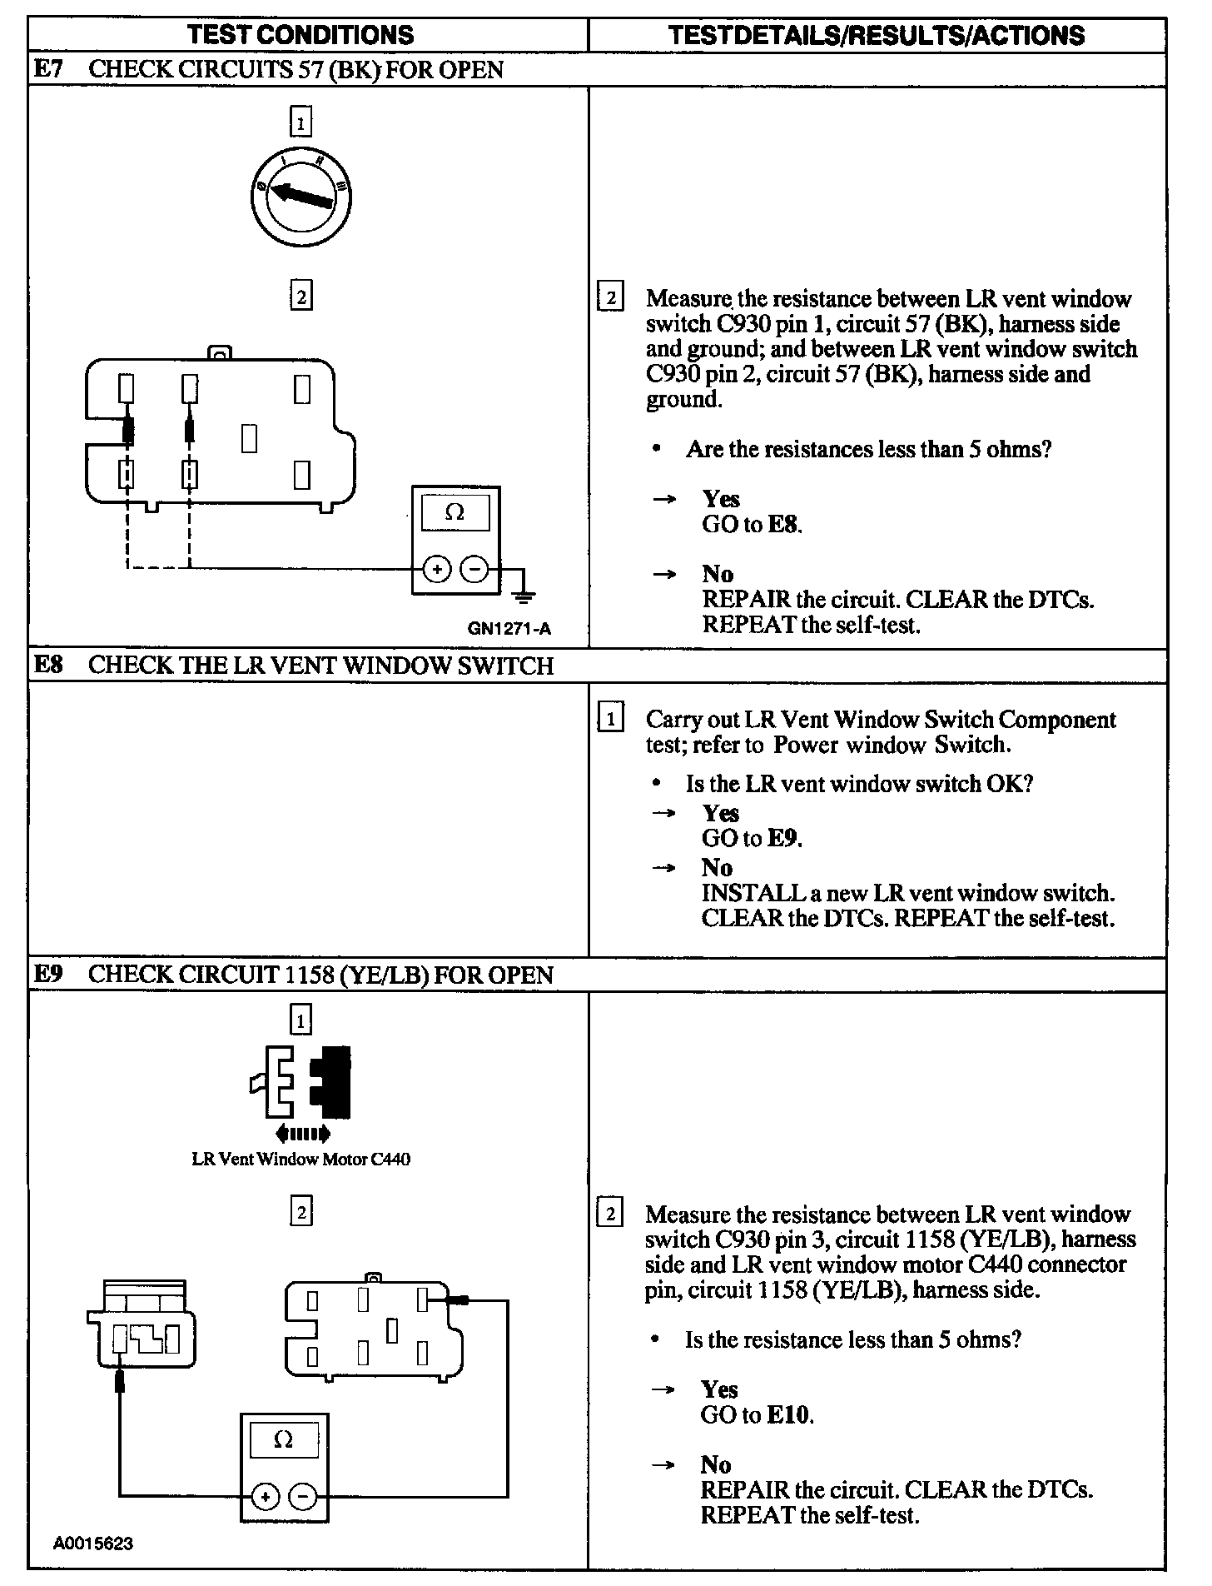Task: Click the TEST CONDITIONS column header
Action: tap(301, 35)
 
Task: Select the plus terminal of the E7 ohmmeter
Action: tap(437, 570)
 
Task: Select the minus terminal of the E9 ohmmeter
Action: tap(302, 1497)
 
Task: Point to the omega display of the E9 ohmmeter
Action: tap(283, 1440)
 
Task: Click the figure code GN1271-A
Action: tap(509, 629)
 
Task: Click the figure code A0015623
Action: tap(93, 1544)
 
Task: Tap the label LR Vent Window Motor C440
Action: tap(301, 1159)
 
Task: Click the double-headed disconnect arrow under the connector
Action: tap(301, 1133)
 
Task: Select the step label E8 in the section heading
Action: tap(48, 665)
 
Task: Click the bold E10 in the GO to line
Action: tap(788, 1414)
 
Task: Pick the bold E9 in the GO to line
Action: tap(783, 838)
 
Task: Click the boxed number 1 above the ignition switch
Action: tap(301, 122)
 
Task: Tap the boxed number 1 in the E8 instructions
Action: tap(610, 718)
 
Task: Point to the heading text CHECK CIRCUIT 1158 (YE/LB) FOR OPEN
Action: tap(320, 975)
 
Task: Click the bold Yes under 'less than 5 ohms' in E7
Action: tap(720, 499)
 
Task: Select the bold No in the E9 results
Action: tap(716, 1464)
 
